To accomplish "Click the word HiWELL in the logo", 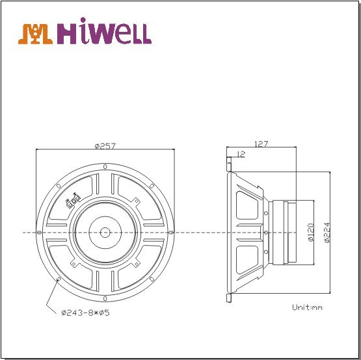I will [x=105, y=34].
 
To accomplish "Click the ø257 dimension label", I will [x=105, y=146].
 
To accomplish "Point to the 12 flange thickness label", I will [x=241, y=155].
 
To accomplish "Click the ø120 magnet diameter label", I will [x=311, y=232].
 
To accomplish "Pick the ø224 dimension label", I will [x=327, y=232].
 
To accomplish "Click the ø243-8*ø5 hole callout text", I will [x=85, y=313].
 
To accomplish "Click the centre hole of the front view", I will [x=105, y=232].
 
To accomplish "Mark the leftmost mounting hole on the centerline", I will [x=40, y=232].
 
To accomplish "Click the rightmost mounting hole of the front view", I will [x=170, y=232].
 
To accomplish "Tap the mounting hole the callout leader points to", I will [x=59, y=279].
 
